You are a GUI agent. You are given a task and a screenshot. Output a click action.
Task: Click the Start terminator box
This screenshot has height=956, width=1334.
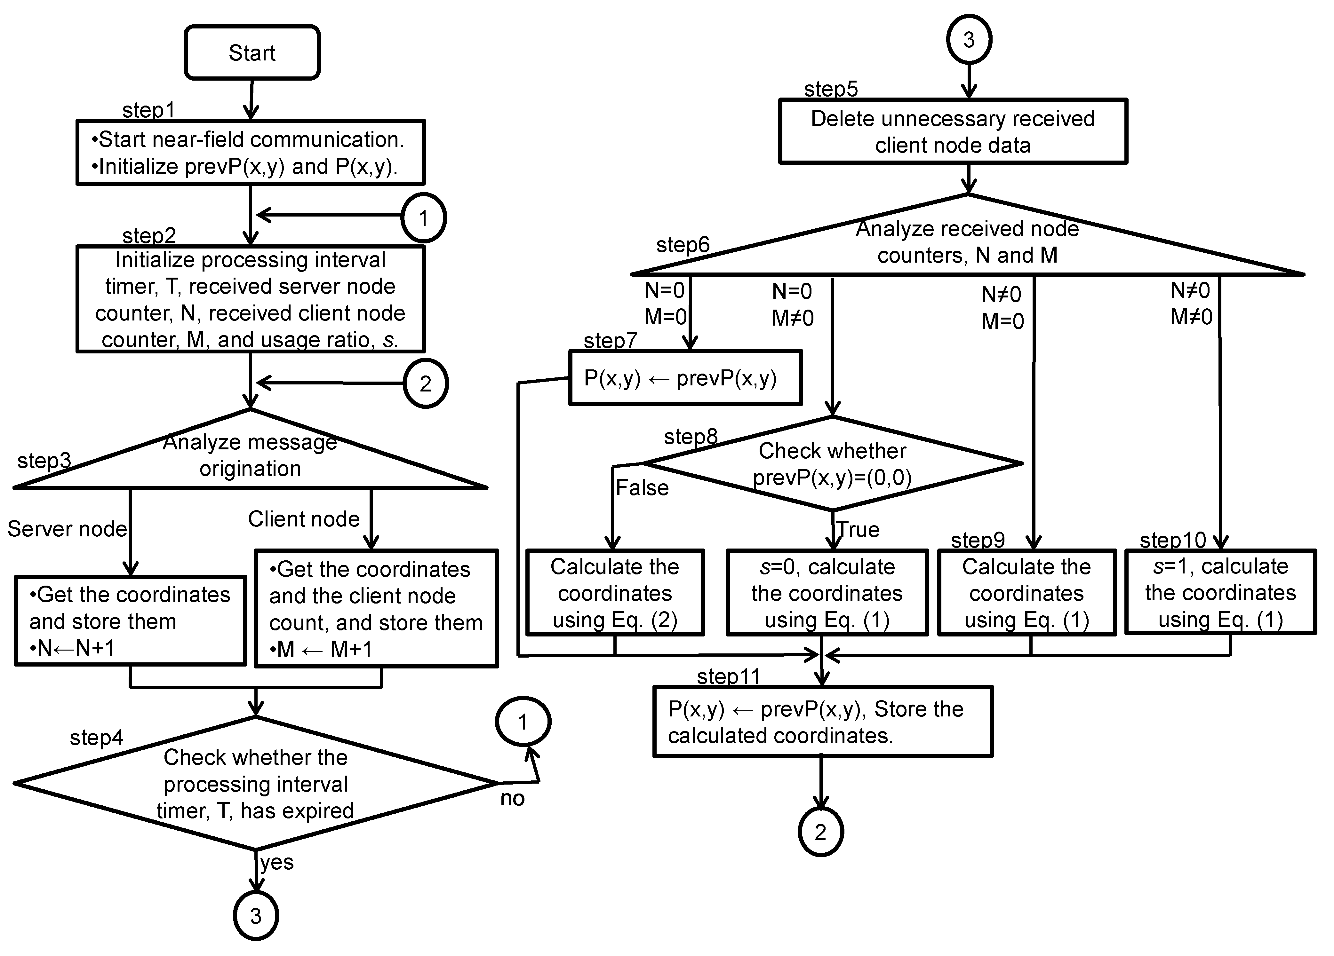pyautogui.click(x=252, y=53)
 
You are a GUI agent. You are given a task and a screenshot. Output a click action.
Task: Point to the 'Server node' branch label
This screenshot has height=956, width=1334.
pyautogui.click(x=67, y=529)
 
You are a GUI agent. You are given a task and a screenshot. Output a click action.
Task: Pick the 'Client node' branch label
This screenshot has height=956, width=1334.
pyautogui.click(x=304, y=519)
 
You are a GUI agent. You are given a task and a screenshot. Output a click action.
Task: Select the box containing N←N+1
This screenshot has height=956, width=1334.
pyautogui.click(x=130, y=621)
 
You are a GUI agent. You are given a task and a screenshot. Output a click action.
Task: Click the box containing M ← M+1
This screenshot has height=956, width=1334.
pyautogui.click(x=376, y=609)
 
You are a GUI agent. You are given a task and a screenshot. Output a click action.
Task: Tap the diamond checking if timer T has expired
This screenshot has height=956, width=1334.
pyautogui.click(x=255, y=783)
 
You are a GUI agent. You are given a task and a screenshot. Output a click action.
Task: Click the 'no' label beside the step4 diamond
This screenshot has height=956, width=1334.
pyautogui.click(x=512, y=798)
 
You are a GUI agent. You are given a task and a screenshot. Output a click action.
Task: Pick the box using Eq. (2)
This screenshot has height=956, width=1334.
pyautogui.click(x=615, y=593)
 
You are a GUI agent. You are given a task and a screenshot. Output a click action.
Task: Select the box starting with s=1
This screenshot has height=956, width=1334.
pyautogui.click(x=1220, y=593)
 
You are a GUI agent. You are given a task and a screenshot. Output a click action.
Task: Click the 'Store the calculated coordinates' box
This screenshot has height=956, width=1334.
pyautogui.click(x=822, y=722)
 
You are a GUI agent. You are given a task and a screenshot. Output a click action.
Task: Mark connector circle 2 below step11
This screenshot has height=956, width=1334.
pyautogui.click(x=820, y=832)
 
